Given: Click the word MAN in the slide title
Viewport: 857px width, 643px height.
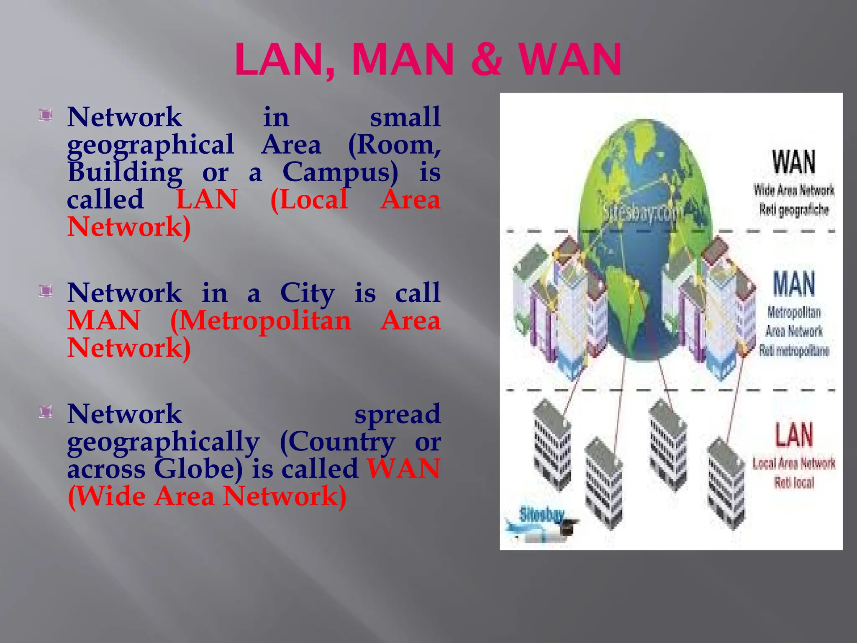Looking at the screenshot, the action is tap(403, 59).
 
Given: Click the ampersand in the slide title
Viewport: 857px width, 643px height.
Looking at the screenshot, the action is tap(486, 59).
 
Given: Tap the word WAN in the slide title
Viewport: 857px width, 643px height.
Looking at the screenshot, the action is tap(570, 59).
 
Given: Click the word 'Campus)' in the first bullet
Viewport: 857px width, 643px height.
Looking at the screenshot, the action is tap(340, 172).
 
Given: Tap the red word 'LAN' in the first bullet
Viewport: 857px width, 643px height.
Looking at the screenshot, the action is tap(207, 199).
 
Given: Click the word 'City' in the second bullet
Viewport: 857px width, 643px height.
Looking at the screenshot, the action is tap(307, 293).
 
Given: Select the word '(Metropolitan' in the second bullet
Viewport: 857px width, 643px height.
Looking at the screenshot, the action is tap(260, 321).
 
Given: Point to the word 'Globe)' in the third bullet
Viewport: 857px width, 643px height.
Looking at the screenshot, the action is tap(198, 469).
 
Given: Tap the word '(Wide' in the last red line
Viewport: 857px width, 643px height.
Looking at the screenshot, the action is tap(107, 496).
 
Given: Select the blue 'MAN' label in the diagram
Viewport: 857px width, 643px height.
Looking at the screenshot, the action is tap(794, 284).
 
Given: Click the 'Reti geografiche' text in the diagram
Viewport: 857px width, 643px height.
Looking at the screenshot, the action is tap(794, 209).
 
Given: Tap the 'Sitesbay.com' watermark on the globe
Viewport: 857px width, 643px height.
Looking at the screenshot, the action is tap(640, 213).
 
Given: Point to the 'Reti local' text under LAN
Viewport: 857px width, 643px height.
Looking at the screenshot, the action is tap(794, 483).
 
